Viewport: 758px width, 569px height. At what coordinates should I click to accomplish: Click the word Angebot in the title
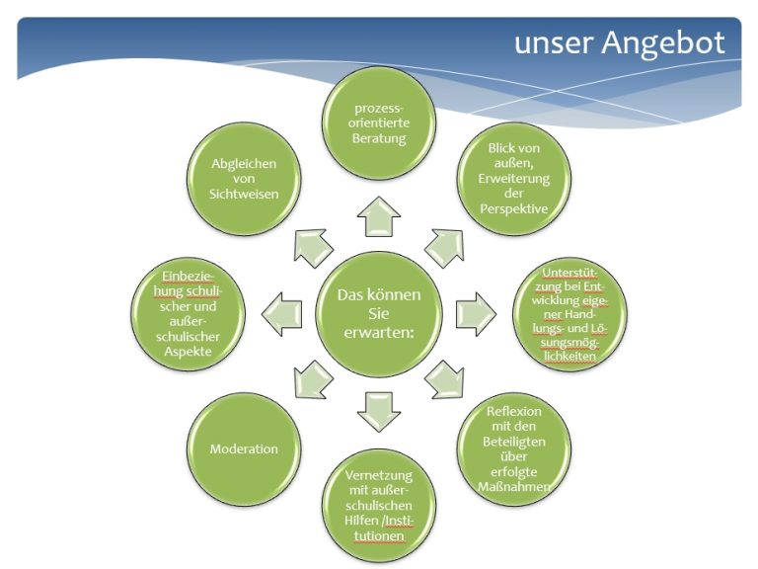coord(663,43)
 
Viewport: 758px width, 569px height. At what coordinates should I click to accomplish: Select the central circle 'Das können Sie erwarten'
coord(379,314)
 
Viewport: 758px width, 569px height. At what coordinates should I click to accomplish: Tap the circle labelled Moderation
coord(244,449)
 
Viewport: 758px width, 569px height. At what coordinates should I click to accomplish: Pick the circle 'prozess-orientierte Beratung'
coord(379,122)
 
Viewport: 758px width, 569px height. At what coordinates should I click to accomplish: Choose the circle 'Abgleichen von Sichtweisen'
coord(244,179)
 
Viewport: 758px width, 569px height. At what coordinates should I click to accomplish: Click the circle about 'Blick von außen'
coord(514,179)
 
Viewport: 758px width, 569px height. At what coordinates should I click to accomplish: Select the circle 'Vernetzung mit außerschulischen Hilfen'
coord(379,506)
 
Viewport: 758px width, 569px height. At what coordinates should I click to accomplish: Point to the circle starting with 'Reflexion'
coord(514,449)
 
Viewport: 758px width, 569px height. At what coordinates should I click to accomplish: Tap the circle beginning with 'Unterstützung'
coord(569,314)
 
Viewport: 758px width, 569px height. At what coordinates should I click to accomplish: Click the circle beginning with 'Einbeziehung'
coord(189,314)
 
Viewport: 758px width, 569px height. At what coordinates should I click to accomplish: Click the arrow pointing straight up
coord(379,216)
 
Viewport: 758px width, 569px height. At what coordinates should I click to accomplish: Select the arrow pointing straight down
coord(379,412)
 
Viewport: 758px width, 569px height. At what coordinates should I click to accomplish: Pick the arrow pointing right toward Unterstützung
coord(476,314)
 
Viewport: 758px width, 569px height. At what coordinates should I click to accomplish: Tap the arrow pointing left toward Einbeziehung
coord(282,314)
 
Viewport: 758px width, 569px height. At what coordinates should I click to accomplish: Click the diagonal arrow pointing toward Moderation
coord(313,380)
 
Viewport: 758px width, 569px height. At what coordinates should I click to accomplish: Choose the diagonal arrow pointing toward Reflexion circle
coord(445,380)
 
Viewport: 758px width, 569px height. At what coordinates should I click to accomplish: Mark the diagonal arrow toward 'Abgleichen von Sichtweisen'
coord(313,248)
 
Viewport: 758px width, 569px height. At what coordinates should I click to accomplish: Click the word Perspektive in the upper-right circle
coord(514,209)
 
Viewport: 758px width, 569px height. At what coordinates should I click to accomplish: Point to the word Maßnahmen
coord(514,486)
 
